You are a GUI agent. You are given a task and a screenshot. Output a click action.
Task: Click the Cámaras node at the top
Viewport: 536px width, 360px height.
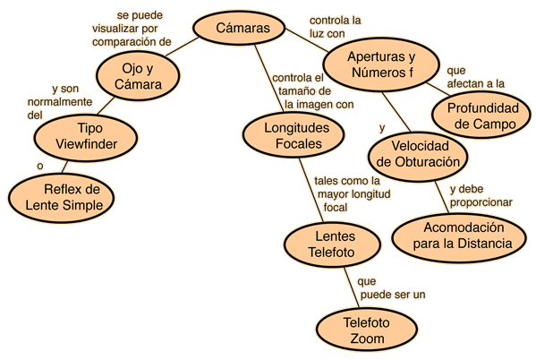coord(239,28)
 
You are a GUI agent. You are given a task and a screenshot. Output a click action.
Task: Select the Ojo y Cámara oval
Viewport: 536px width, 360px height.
coord(138,76)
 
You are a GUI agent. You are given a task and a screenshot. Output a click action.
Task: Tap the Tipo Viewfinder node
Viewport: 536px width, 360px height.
coord(86,136)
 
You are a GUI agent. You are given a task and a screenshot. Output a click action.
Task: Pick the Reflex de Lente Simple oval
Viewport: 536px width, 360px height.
coord(62,197)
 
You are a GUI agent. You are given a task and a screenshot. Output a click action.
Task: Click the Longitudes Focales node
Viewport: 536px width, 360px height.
coord(294,135)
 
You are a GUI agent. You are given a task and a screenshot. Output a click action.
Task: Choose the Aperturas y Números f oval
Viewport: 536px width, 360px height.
coord(381,64)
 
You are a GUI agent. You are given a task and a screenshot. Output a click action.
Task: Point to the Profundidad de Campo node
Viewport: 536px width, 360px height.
coord(482,116)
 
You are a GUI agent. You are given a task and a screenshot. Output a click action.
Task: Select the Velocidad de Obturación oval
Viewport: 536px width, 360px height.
coord(418,155)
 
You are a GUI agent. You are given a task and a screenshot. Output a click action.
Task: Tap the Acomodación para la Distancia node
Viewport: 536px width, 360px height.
coord(459,237)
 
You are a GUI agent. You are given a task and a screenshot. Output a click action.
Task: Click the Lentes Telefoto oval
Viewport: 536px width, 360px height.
coord(332,244)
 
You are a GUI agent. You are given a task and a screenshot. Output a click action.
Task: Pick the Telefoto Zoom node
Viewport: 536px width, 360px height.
coord(367,330)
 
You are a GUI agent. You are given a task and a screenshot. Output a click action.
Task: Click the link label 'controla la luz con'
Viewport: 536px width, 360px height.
coord(335,27)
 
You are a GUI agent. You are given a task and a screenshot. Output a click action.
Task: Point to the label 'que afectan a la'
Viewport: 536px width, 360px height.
coord(475,77)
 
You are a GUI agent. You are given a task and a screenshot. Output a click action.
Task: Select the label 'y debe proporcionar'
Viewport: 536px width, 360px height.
coord(481,195)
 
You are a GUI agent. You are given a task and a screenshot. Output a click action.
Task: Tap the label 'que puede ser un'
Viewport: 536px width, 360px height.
coord(391,287)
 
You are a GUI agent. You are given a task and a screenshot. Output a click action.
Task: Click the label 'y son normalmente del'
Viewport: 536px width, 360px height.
coord(60,102)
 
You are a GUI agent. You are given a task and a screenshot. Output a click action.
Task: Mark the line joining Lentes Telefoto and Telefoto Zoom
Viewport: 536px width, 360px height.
coord(352,287)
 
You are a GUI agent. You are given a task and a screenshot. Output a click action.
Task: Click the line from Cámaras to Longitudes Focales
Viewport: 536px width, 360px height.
coord(269,79)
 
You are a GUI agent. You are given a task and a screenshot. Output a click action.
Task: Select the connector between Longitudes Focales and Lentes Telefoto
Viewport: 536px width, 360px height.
coord(311,190)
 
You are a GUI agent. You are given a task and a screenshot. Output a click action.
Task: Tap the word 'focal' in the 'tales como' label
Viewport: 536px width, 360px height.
coord(336,208)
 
